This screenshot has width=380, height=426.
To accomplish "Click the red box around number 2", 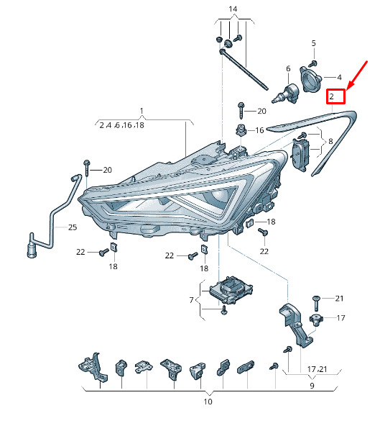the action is (335, 96).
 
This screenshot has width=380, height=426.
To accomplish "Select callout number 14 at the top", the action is (233, 9).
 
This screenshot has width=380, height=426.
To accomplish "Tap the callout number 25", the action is (73, 227).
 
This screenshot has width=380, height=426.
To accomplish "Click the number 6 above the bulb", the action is (288, 69).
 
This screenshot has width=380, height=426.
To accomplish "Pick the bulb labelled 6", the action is (285, 94).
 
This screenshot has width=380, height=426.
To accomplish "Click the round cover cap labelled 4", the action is (310, 79).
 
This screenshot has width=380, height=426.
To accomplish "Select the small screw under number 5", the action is (313, 64).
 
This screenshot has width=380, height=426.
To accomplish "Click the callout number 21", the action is (339, 299).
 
